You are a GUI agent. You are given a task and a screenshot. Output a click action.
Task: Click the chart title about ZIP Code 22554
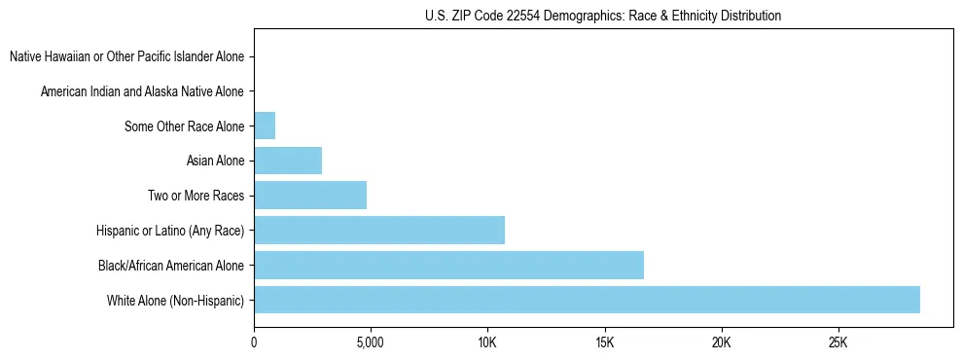point(603,16)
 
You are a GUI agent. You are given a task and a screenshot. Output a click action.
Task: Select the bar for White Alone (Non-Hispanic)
point(587,300)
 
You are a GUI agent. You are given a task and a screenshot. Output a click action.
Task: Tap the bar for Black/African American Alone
point(448,265)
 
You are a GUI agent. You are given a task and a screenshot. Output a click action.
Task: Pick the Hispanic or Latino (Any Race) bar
point(379,230)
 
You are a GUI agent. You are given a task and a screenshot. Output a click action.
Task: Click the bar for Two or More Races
point(310,195)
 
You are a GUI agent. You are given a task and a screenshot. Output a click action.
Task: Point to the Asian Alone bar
point(288,161)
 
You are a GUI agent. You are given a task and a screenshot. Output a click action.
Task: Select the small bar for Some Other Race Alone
point(265,126)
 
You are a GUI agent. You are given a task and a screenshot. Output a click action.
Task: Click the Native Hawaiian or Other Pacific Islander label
point(126,56)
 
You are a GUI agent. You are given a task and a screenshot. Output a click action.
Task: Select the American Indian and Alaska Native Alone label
point(142,91)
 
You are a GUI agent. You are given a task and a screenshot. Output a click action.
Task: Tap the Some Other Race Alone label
point(185,126)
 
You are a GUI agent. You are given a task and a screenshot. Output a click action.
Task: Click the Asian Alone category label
point(215,161)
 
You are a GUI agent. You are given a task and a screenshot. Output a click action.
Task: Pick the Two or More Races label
point(196,196)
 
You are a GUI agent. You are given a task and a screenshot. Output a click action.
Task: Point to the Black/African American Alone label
point(171,265)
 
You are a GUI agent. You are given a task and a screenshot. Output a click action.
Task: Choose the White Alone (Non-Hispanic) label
point(176,300)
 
